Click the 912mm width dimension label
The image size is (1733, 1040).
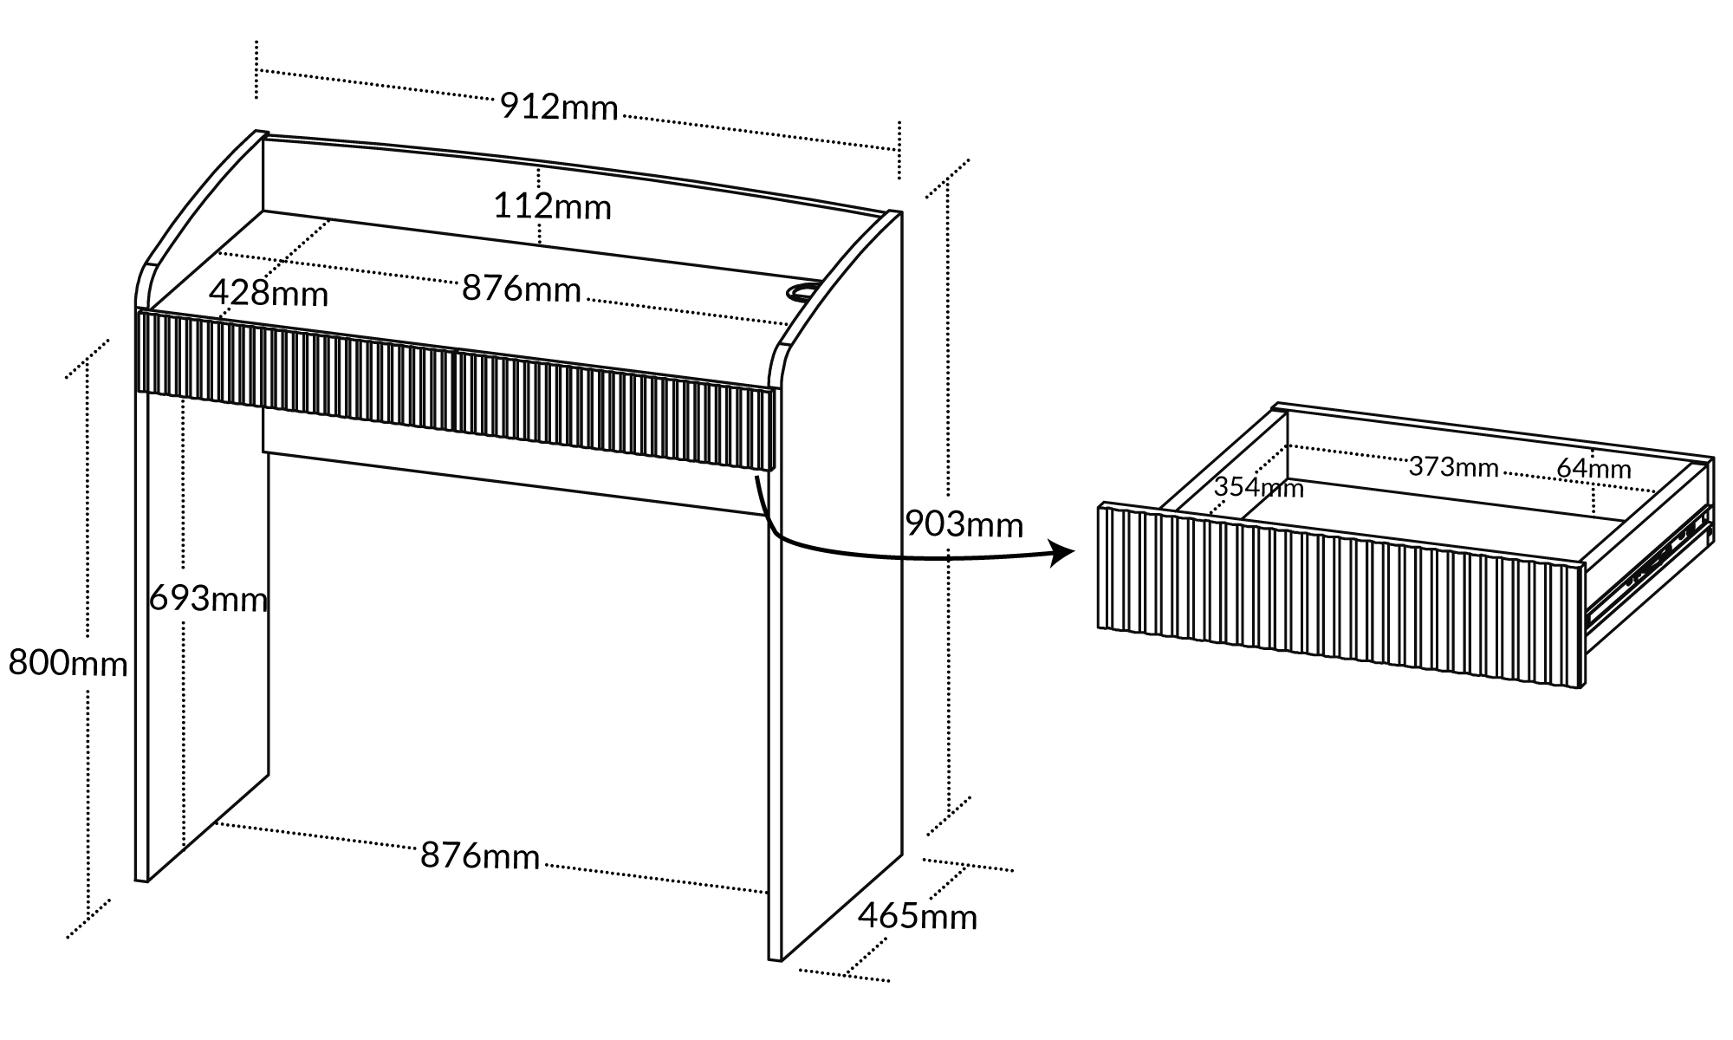point(559,107)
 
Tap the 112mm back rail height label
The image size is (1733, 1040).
point(552,207)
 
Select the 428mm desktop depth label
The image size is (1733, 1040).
point(269,294)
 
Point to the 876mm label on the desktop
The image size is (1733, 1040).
point(521,289)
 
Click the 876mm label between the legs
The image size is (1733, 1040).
point(480,856)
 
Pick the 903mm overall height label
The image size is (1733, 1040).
point(964,524)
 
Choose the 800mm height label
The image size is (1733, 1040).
point(68,663)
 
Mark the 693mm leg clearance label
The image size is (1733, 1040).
point(208,599)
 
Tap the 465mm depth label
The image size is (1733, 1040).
point(918,916)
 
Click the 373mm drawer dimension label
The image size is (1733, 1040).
point(1453,467)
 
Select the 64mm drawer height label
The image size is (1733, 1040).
point(1593,469)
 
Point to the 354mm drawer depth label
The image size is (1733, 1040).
point(1258,488)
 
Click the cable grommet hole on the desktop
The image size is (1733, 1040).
point(803,291)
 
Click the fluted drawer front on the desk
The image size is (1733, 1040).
point(455,390)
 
